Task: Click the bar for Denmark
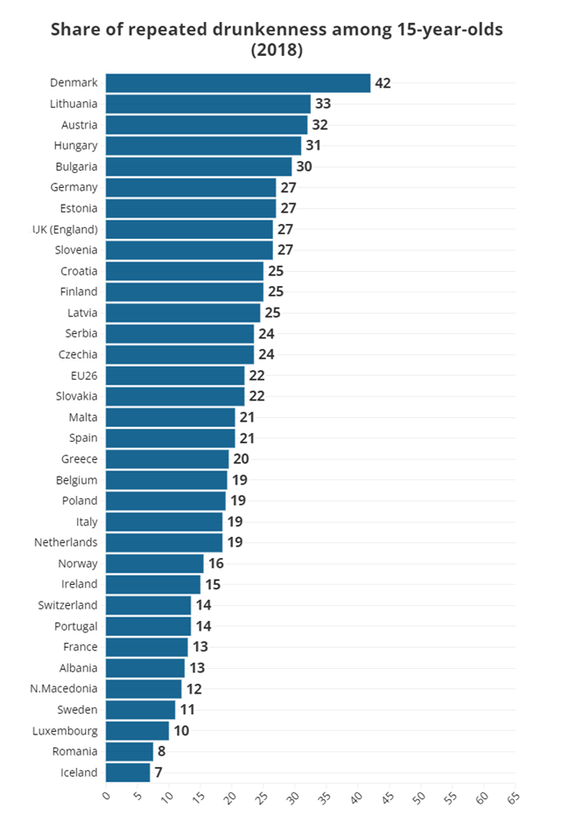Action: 237,83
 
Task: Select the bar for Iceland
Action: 128,772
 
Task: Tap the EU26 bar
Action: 175,375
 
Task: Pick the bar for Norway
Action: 154,563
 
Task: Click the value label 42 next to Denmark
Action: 383,83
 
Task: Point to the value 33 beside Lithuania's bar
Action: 323,103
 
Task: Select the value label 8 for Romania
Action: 162,751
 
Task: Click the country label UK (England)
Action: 65,229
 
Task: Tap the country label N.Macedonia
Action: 64,688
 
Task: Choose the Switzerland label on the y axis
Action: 68,605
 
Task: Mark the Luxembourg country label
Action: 65,730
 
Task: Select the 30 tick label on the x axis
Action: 292,798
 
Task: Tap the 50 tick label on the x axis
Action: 418,798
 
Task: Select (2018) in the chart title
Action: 277,51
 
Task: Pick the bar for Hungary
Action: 203,145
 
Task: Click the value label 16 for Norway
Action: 216,563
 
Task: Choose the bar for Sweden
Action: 140,709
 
